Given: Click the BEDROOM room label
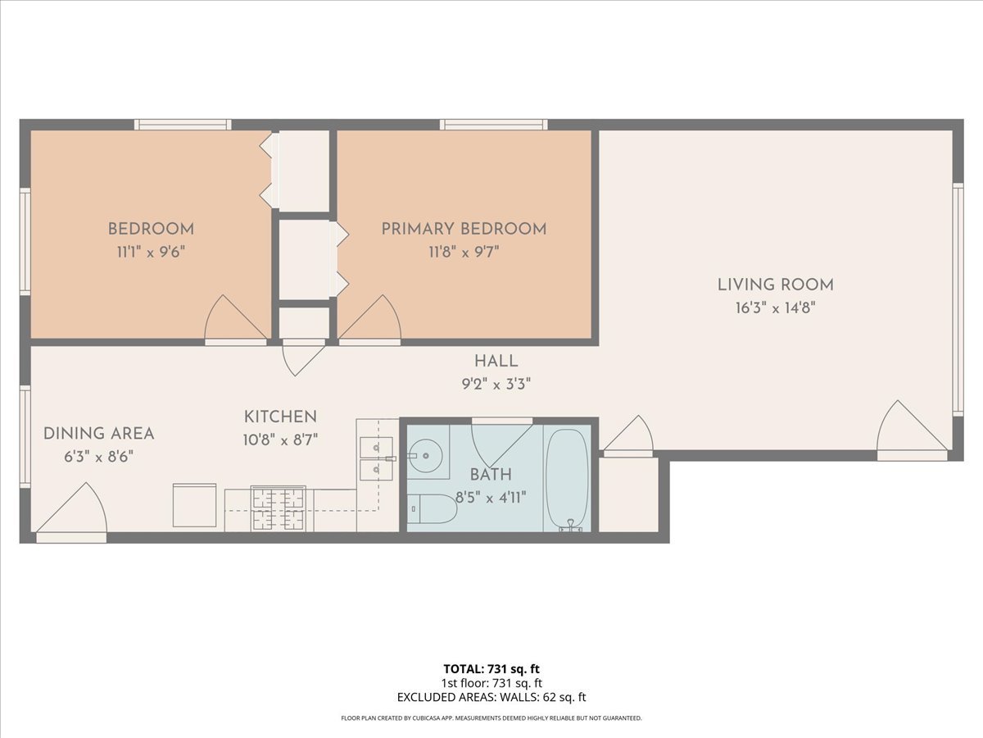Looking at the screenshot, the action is click(151, 229).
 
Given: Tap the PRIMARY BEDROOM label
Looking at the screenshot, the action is click(464, 229).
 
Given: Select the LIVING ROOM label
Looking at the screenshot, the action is click(776, 285).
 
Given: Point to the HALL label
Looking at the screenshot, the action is click(496, 361).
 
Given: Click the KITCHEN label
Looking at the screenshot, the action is click(280, 417).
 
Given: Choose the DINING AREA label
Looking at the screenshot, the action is click(98, 433).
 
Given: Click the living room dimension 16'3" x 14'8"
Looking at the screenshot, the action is click(776, 308).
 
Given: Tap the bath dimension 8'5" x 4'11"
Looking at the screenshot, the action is click(491, 498).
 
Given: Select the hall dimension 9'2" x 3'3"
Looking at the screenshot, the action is click(496, 384).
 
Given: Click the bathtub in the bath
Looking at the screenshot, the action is click(567, 479).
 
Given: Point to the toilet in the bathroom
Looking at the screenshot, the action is click(431, 508).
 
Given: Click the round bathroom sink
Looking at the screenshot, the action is click(426, 456).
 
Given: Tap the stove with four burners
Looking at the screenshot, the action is click(278, 508).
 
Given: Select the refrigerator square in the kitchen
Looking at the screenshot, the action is click(194, 505).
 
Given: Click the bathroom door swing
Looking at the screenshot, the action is click(501, 444).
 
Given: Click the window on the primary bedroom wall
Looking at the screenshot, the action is click(493, 125).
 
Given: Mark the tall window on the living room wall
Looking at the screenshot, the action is click(958, 300).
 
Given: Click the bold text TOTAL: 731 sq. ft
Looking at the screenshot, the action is click(491, 669).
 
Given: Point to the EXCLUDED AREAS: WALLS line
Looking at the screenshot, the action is click(491, 697).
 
